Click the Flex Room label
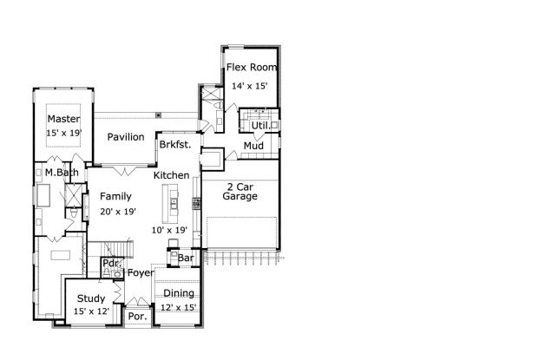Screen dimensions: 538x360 pos(252,67)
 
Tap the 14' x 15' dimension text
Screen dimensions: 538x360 pos(249,86)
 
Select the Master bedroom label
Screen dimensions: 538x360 pos(64,119)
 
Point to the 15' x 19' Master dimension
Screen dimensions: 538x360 pos(64,133)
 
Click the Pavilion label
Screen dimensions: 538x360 pos(126,137)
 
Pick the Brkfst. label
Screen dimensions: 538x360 pos(175,144)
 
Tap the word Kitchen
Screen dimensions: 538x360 pos(171,175)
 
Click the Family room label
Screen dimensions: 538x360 pos(115,196)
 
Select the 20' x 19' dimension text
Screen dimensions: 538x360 pos(118,212)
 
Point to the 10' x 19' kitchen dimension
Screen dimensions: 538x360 pos(169,230)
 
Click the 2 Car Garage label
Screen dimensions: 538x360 pos(240,192)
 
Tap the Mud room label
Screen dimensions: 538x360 pos(253,146)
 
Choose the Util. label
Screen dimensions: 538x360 pos(261,126)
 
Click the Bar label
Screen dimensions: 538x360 pos(186,258)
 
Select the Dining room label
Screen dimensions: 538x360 pos(179,293)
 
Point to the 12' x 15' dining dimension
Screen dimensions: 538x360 pos(179,308)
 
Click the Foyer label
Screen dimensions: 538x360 pos(141,273)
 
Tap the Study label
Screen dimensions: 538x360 pos(91,298)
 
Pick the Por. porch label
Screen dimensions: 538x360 pos(138,316)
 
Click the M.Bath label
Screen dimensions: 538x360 pos(62,173)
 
